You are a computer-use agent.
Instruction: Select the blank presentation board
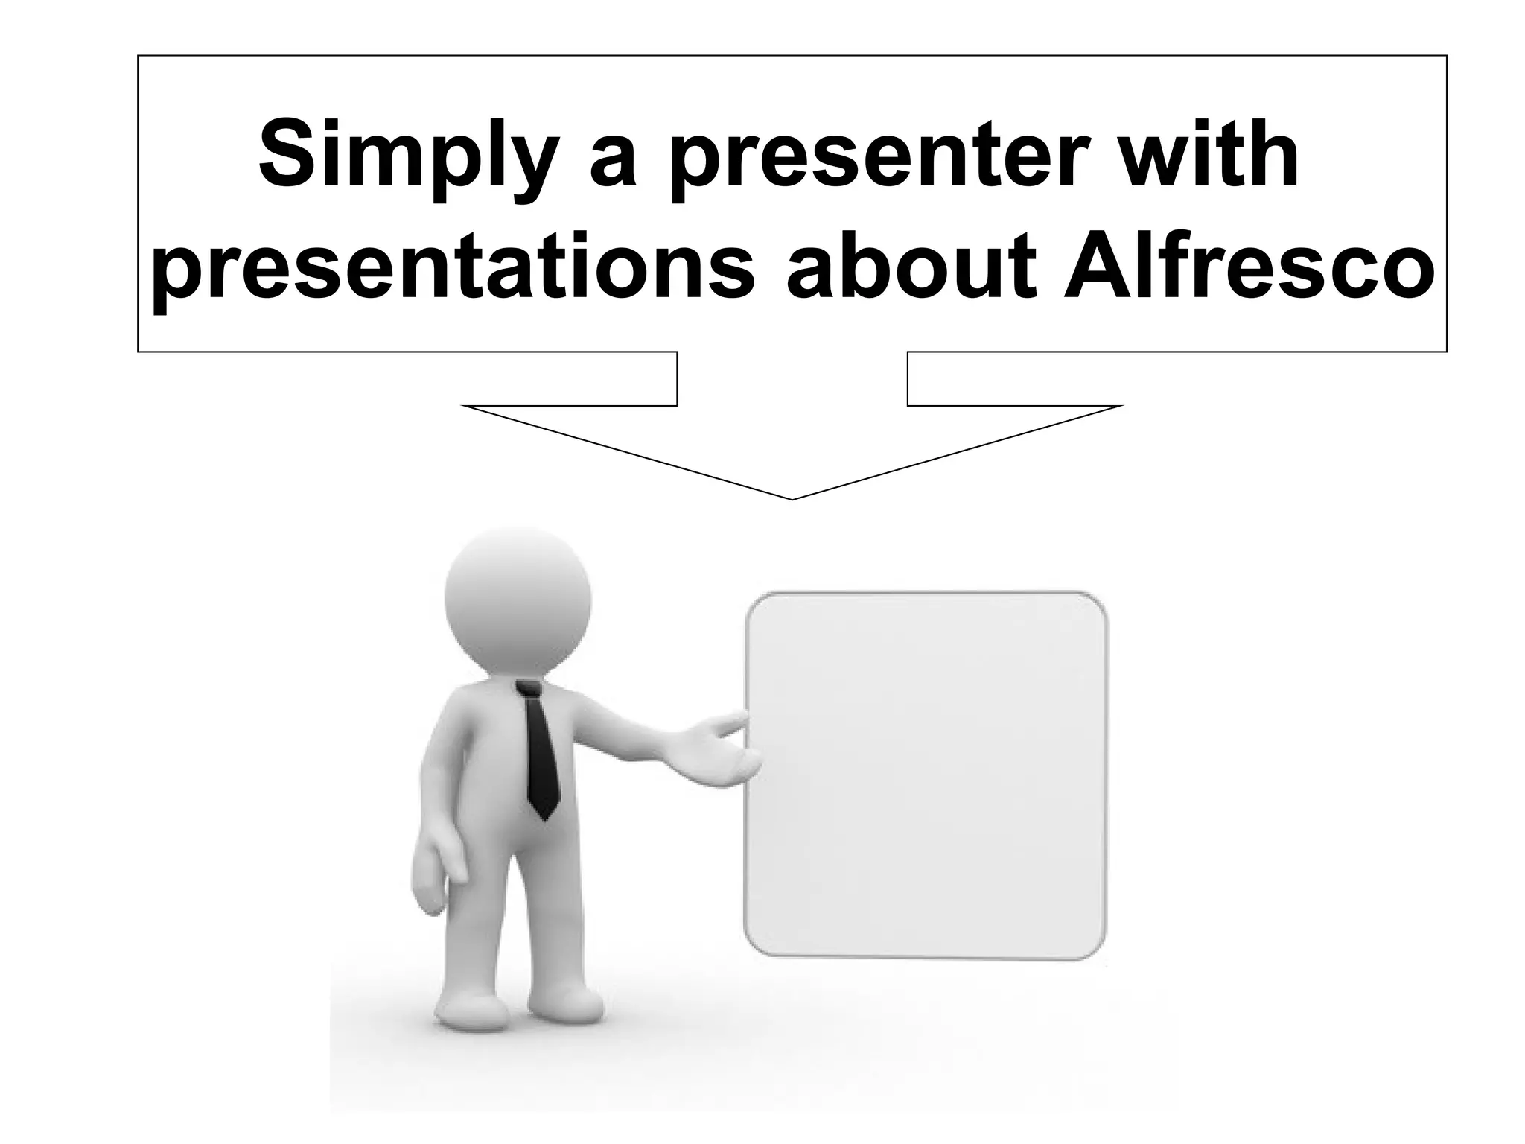(x=926, y=775)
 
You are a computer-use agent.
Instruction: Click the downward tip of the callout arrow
(x=792, y=497)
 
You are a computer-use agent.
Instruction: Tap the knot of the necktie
(x=528, y=690)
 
